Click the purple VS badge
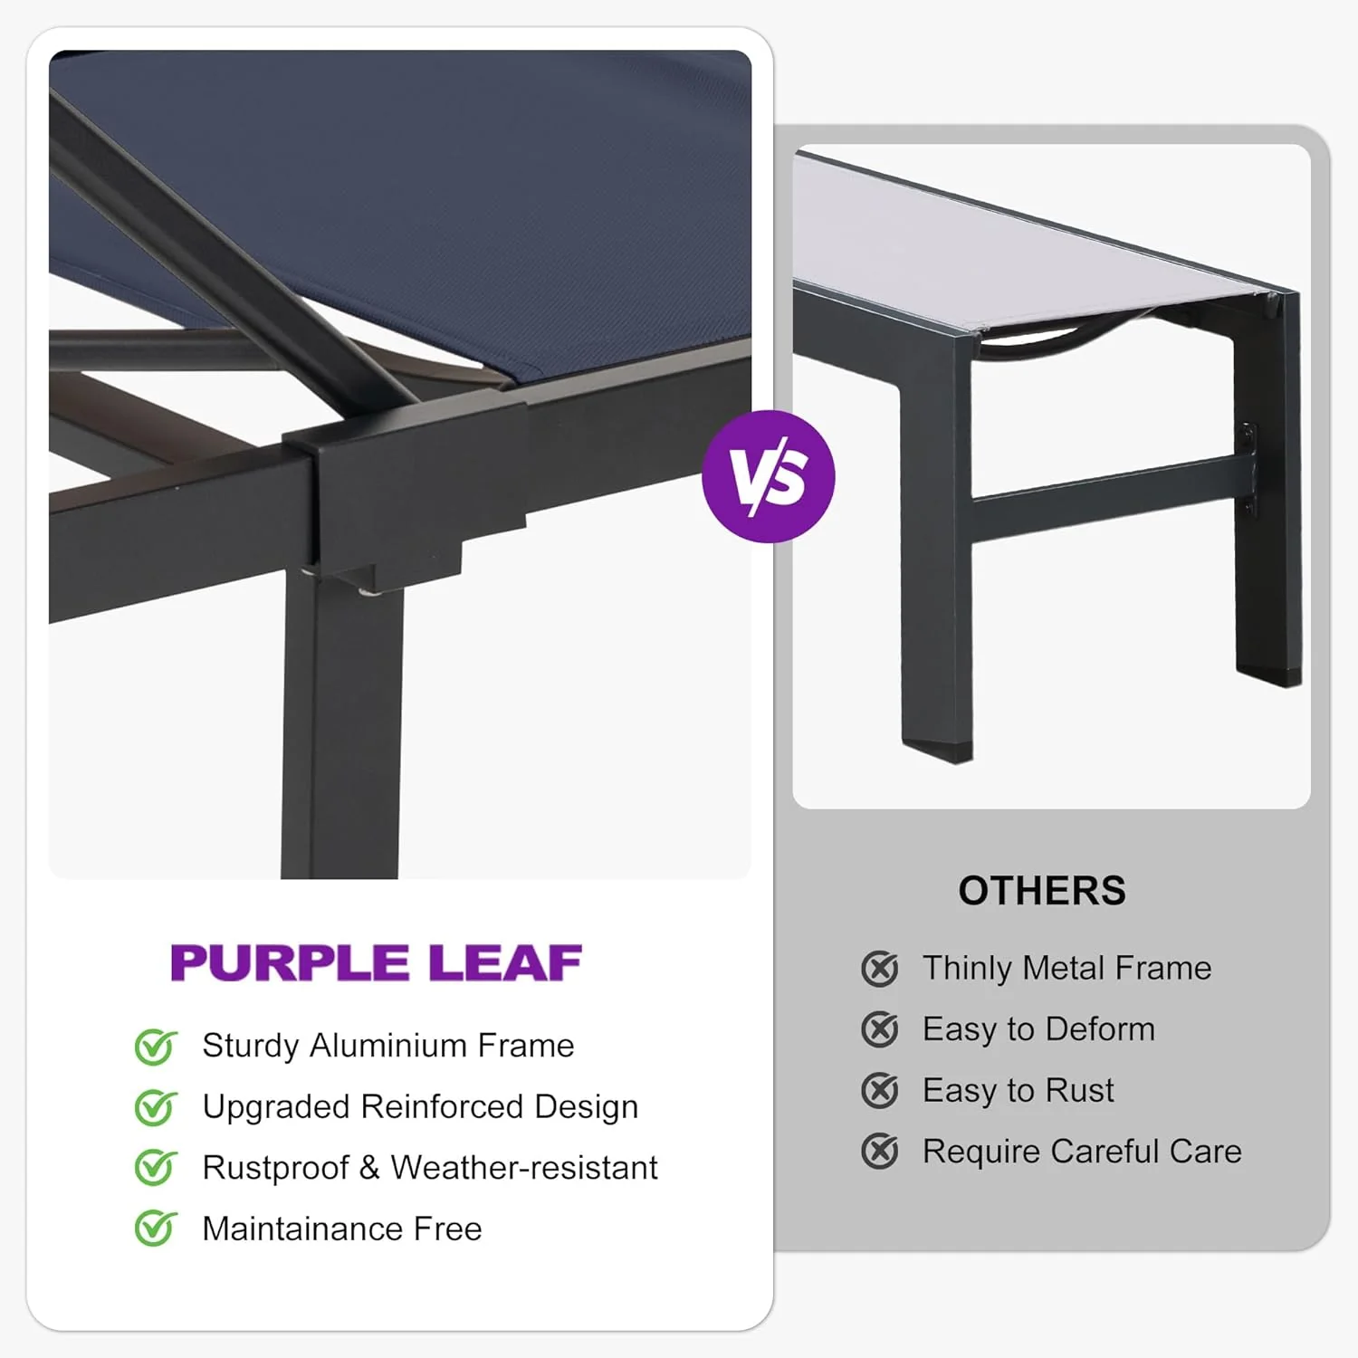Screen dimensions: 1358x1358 pos(768,476)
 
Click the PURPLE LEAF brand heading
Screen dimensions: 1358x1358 pos(376,962)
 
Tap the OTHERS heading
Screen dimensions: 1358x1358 pos(1042,891)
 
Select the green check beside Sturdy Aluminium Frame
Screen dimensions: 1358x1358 pos(156,1047)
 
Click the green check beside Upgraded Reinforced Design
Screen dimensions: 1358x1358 pos(156,1107)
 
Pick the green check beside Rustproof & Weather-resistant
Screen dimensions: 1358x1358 pos(156,1168)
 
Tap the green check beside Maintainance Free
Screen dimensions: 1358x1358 pos(156,1229)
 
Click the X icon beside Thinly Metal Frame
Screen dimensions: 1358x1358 pos(879,969)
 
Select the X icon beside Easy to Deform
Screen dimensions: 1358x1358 pos(879,1029)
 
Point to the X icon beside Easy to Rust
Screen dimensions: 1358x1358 pos(879,1091)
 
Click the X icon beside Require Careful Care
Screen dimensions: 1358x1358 pos(879,1152)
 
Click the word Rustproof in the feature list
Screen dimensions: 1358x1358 pos(275,1168)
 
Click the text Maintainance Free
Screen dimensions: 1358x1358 pos(341,1229)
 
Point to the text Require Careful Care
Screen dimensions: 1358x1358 pos(1082,1152)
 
